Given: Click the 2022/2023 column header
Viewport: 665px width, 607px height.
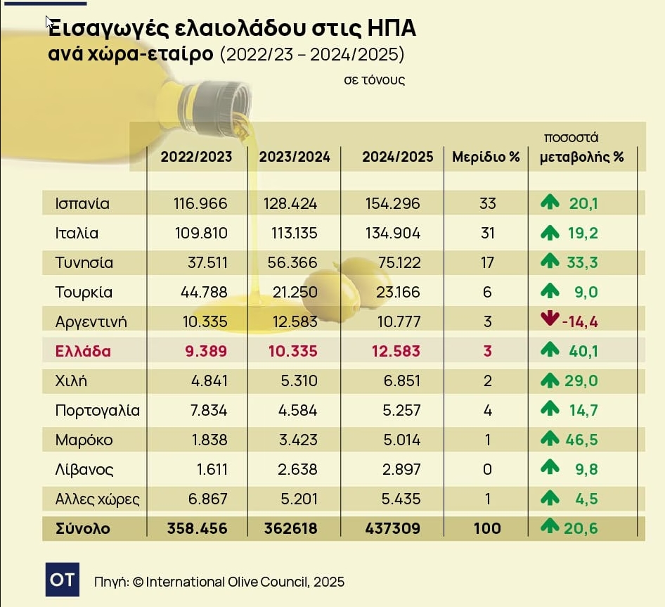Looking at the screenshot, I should coord(196,157).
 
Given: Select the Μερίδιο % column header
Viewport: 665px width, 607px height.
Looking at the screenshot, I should coord(486,157).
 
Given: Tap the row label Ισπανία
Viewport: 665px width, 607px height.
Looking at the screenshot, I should coord(82,204).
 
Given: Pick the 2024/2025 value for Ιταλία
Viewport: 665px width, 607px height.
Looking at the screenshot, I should coord(392,234).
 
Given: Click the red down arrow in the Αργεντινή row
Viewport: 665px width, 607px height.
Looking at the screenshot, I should coord(549,321).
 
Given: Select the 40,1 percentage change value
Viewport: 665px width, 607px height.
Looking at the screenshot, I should coord(583,351).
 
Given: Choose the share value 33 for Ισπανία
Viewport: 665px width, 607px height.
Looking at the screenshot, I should coord(487,204).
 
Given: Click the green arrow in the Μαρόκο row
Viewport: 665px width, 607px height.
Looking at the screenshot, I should coord(549,440).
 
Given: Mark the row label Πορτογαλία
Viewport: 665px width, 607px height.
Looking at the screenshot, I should coord(97,410).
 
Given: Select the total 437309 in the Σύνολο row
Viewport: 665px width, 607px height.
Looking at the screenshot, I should coord(391,528).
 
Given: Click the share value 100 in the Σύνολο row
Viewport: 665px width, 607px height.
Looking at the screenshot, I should coord(487,528).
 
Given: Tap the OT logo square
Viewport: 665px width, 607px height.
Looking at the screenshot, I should coord(63,580).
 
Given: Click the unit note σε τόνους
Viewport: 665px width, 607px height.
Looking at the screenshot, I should coord(374,80).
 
